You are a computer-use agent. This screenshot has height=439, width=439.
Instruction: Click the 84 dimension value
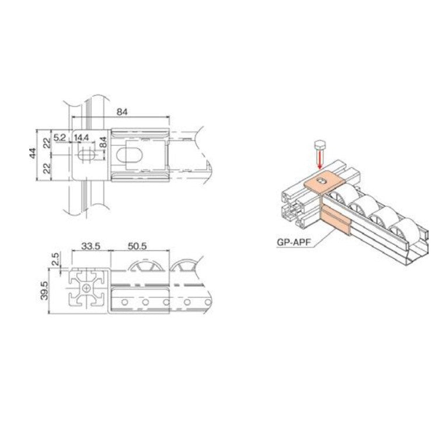(x=122, y=111)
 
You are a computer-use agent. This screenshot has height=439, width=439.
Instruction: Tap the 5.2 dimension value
(x=60, y=137)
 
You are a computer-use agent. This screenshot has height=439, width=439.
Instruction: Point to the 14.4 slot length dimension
(x=81, y=137)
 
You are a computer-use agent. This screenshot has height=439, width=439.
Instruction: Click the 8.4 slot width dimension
(x=103, y=141)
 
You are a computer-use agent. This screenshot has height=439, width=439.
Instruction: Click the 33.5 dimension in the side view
(x=90, y=247)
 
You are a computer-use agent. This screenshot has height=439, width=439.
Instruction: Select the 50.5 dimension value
(x=137, y=247)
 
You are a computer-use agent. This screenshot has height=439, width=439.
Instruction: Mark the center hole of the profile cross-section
(x=87, y=288)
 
